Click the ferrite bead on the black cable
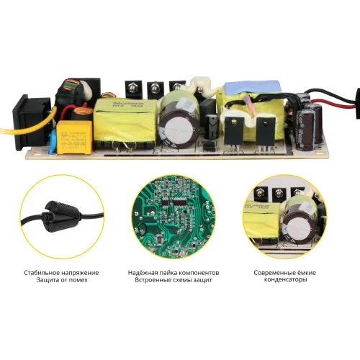click(x=56, y=210)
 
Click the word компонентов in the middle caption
click(x=199, y=274)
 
